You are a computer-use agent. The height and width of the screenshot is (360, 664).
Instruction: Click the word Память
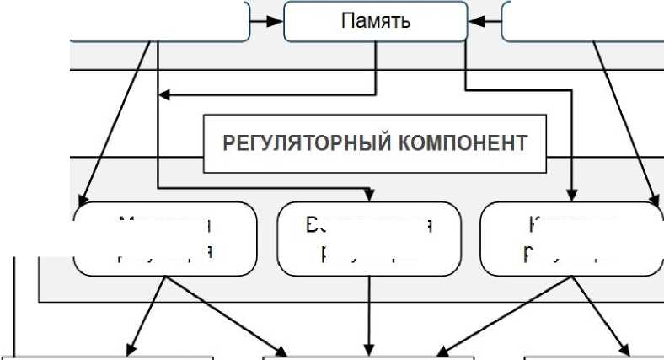click(x=376, y=20)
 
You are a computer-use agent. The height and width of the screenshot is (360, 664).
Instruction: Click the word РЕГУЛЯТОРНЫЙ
click(x=298, y=142)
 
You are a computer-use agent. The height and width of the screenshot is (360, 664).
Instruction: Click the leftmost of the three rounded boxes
click(x=165, y=239)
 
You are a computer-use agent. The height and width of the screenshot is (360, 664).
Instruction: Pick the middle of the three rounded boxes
click(x=369, y=239)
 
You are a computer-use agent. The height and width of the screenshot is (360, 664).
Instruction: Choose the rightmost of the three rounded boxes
click(x=571, y=239)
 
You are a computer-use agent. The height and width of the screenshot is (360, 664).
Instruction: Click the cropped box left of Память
click(x=160, y=20)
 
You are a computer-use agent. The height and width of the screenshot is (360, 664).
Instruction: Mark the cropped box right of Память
click(x=581, y=20)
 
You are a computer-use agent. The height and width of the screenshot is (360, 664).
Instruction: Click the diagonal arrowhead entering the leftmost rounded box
click(x=83, y=200)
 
